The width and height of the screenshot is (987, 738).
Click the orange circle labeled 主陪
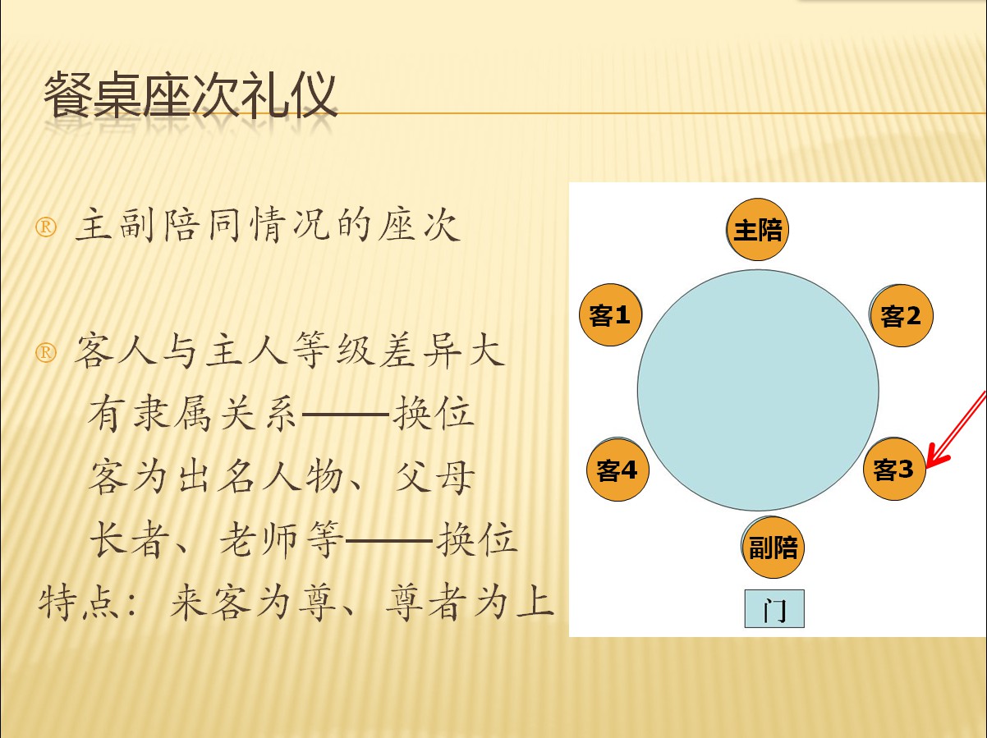click(757, 229)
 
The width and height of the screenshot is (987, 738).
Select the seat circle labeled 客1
click(610, 314)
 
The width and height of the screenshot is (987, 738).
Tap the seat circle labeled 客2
click(901, 315)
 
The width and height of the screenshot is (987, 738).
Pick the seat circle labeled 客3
click(894, 470)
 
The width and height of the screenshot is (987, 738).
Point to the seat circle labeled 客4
click(617, 470)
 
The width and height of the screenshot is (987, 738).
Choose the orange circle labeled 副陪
click(773, 547)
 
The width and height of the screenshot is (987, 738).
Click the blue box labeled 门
click(774, 608)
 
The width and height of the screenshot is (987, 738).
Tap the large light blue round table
click(758, 390)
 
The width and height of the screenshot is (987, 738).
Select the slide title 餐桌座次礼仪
click(190, 95)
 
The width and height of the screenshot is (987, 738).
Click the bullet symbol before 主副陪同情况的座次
click(46, 227)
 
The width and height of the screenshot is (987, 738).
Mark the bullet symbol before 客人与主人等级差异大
click(46, 353)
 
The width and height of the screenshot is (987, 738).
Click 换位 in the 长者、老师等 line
click(476, 540)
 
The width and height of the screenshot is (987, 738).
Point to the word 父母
click(434, 477)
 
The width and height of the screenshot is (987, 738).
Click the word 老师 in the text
click(259, 540)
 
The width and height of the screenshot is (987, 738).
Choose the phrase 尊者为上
click(470, 603)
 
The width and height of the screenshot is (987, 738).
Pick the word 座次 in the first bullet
click(419, 225)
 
